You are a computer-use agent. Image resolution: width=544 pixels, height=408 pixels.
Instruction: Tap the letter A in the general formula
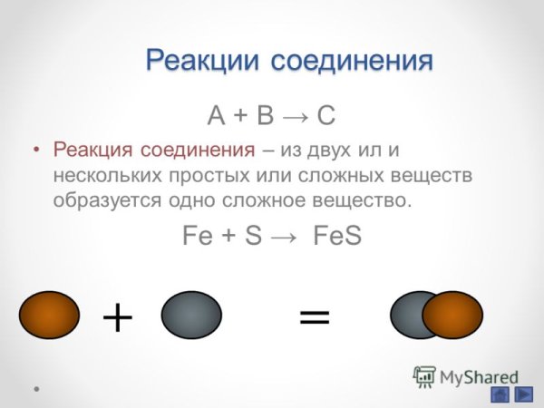pos(216,116)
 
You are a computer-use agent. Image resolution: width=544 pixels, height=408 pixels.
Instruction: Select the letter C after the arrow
pos(327,116)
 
